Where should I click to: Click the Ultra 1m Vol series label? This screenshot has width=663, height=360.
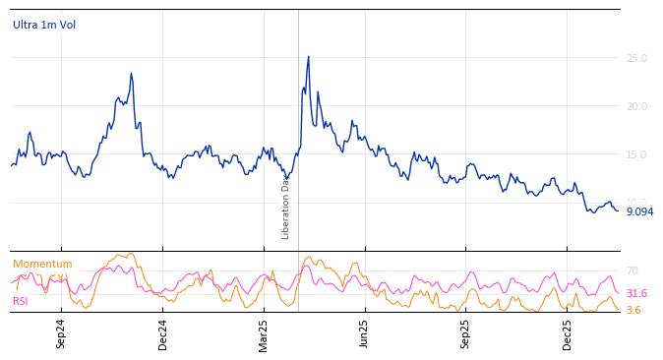pos(44,26)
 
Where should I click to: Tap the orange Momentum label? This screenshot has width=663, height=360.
pos(42,264)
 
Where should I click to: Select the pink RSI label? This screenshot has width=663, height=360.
pos(21,301)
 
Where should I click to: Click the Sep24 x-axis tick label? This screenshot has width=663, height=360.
pos(61,333)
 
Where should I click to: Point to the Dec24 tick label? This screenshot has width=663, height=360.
pos(163,333)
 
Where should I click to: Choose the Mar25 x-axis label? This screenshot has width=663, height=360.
pos(264,333)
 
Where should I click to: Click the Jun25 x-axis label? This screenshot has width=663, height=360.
pos(365,333)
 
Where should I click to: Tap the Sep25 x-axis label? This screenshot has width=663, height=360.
pos(466,333)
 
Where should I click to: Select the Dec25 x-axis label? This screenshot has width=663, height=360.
pos(568,333)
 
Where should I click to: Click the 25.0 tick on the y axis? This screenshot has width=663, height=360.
pos(636,59)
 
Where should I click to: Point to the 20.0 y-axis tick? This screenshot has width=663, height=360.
pos(636,107)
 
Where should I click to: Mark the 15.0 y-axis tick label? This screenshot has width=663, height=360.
pos(636,155)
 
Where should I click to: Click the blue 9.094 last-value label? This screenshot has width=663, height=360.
pos(639,211)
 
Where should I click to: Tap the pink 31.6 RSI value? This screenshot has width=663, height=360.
pos(636,293)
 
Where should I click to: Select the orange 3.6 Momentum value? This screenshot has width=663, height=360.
pos(633,310)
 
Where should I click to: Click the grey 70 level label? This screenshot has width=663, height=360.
pos(633,270)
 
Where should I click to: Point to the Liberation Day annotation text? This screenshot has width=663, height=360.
pos(286,207)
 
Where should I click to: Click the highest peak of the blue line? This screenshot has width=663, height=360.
pos(308,57)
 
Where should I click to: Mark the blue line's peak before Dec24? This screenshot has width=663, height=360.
pos(131,74)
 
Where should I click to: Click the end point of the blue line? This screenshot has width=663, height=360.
pos(618,210)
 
